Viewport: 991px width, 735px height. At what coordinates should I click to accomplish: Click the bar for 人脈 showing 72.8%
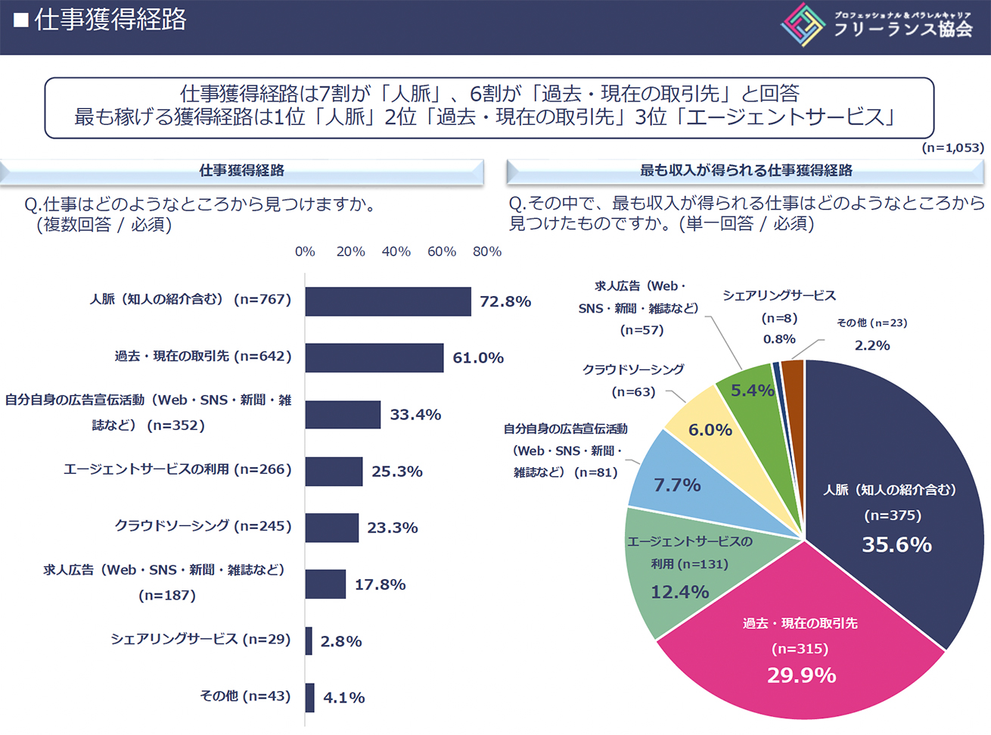point(387,301)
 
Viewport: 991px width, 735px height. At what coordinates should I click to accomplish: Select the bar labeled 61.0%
point(374,357)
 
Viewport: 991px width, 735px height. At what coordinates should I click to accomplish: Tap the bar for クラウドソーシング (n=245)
point(331,528)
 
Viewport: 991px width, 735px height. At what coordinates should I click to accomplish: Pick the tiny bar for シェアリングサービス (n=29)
point(309,641)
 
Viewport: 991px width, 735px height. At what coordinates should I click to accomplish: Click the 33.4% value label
point(415,415)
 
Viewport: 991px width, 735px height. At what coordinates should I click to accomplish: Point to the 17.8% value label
point(380,584)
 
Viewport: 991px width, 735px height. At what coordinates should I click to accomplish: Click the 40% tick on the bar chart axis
point(396,251)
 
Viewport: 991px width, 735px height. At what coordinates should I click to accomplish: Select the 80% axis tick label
point(487,251)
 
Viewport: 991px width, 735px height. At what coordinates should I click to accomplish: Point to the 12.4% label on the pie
point(679,592)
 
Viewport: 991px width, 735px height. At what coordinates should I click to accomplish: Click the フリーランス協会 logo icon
point(803,25)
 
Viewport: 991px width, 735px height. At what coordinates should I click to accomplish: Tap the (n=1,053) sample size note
point(952,148)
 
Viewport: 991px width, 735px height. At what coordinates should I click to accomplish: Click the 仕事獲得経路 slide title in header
point(110,20)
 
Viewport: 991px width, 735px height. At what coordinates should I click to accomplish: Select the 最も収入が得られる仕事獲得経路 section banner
point(746,171)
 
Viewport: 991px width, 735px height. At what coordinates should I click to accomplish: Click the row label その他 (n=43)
point(245,696)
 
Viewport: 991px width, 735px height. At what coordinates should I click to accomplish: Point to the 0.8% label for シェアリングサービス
point(779,339)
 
